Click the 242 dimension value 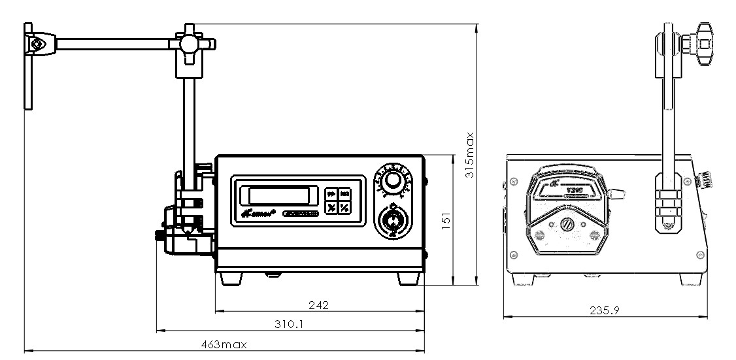pyautogui.click(x=319, y=305)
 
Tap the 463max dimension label pyautogui.click(x=224, y=344)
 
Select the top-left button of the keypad pyautogui.click(x=331, y=194)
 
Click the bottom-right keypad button pyautogui.click(x=344, y=208)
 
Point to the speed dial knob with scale pyautogui.click(x=392, y=181)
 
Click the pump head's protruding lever pyautogui.click(x=618, y=193)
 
